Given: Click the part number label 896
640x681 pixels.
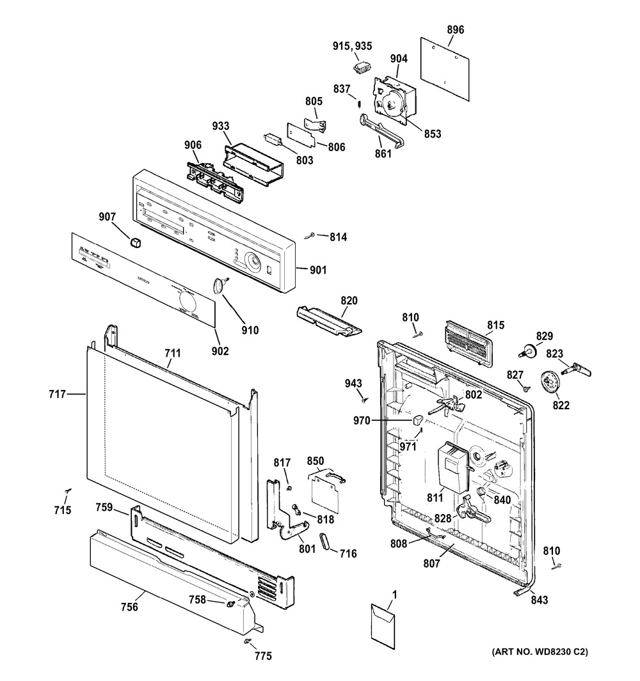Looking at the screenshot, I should pyautogui.click(x=456, y=29).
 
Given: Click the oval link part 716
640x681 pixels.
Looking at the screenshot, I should pyautogui.click(x=326, y=540).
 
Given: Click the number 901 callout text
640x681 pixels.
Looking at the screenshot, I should pyautogui.click(x=317, y=270).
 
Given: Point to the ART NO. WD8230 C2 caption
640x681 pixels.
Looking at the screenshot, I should pyautogui.click(x=540, y=652).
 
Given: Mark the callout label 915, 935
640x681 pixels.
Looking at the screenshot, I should pyautogui.click(x=352, y=46).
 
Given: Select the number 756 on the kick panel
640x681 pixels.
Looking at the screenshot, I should pyautogui.click(x=129, y=607).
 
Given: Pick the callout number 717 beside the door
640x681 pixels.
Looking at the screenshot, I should pyautogui.click(x=57, y=395).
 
